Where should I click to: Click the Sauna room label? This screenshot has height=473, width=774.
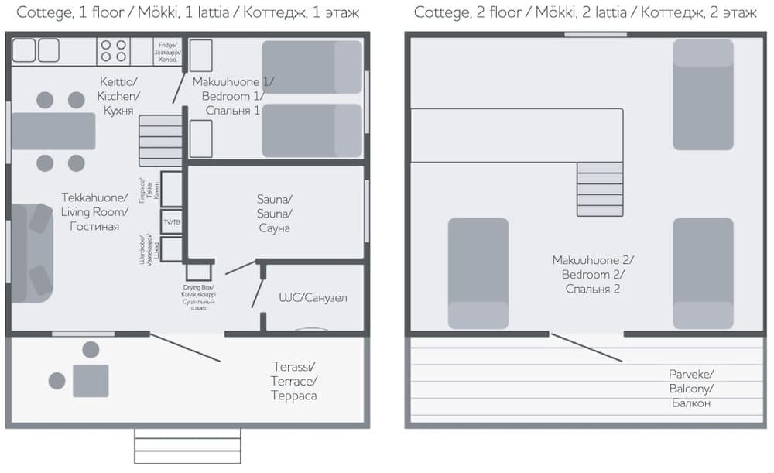click(x=275, y=213)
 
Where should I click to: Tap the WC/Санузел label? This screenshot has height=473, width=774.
click(x=313, y=297)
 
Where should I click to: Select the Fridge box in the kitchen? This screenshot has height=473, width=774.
click(x=167, y=52)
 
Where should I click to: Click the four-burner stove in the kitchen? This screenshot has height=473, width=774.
click(x=114, y=50)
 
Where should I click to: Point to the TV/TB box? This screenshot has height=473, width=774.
click(x=171, y=222)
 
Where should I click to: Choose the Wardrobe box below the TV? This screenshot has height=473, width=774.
click(x=171, y=248)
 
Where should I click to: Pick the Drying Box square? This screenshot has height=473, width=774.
click(x=199, y=272)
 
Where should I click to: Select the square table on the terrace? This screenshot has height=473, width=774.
click(x=91, y=380)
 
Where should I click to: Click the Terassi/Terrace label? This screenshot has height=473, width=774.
click(x=294, y=381)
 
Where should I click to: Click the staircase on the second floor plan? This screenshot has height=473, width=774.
click(x=600, y=189)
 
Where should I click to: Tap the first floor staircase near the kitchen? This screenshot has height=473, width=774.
click(x=160, y=140)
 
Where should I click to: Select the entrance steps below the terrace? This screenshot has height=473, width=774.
click(x=187, y=445)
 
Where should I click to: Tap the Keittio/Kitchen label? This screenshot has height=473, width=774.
click(x=118, y=96)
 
